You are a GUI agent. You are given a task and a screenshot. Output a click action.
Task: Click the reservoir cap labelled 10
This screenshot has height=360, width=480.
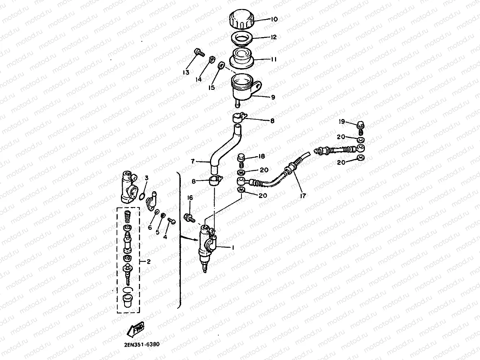click(x=242, y=19)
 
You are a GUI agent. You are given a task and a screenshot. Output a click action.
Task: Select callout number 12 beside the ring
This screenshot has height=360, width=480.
click(x=273, y=37)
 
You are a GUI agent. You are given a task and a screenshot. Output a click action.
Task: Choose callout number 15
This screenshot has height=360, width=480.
click(x=211, y=88)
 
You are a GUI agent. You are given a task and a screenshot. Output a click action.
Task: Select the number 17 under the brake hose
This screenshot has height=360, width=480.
click(x=303, y=196)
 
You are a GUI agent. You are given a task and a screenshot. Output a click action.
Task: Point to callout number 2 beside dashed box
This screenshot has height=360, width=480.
click(x=149, y=262)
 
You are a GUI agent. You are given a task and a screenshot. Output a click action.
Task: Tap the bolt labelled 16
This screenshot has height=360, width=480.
click(x=189, y=218)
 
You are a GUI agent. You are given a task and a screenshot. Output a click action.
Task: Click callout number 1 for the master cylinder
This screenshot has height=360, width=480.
click(x=233, y=248)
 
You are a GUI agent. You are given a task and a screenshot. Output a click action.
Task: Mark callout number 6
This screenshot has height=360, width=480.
click(x=150, y=228)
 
